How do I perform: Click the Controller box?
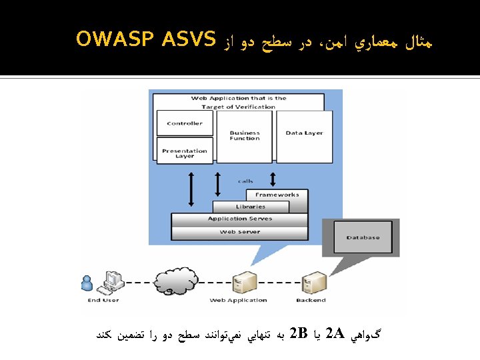click(185, 123)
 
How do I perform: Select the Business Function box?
click(245, 136)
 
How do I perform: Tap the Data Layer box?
click(304, 136)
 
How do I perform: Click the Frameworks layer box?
click(277, 195)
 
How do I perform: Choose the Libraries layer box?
click(250, 207)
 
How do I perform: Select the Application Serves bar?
click(239, 219)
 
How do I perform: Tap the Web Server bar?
click(239, 232)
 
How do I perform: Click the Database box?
click(363, 238)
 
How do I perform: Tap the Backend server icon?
click(311, 283)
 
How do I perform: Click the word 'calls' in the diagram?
click(245, 181)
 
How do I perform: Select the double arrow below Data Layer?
click(272, 178)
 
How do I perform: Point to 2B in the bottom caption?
click(298, 332)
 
